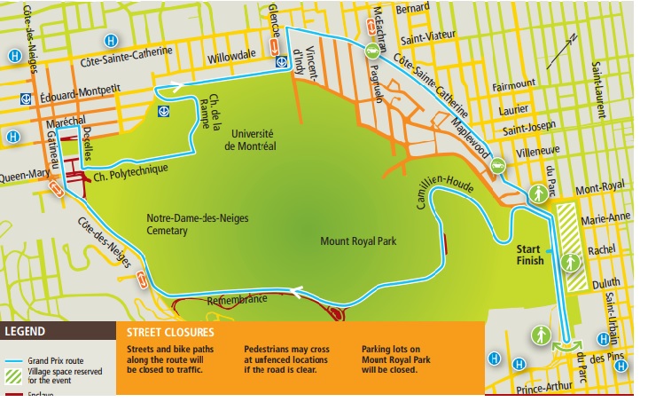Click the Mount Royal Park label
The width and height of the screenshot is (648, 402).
[358, 239]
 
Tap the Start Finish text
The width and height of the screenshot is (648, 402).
[529, 255]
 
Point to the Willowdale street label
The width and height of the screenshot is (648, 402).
[231, 57]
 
